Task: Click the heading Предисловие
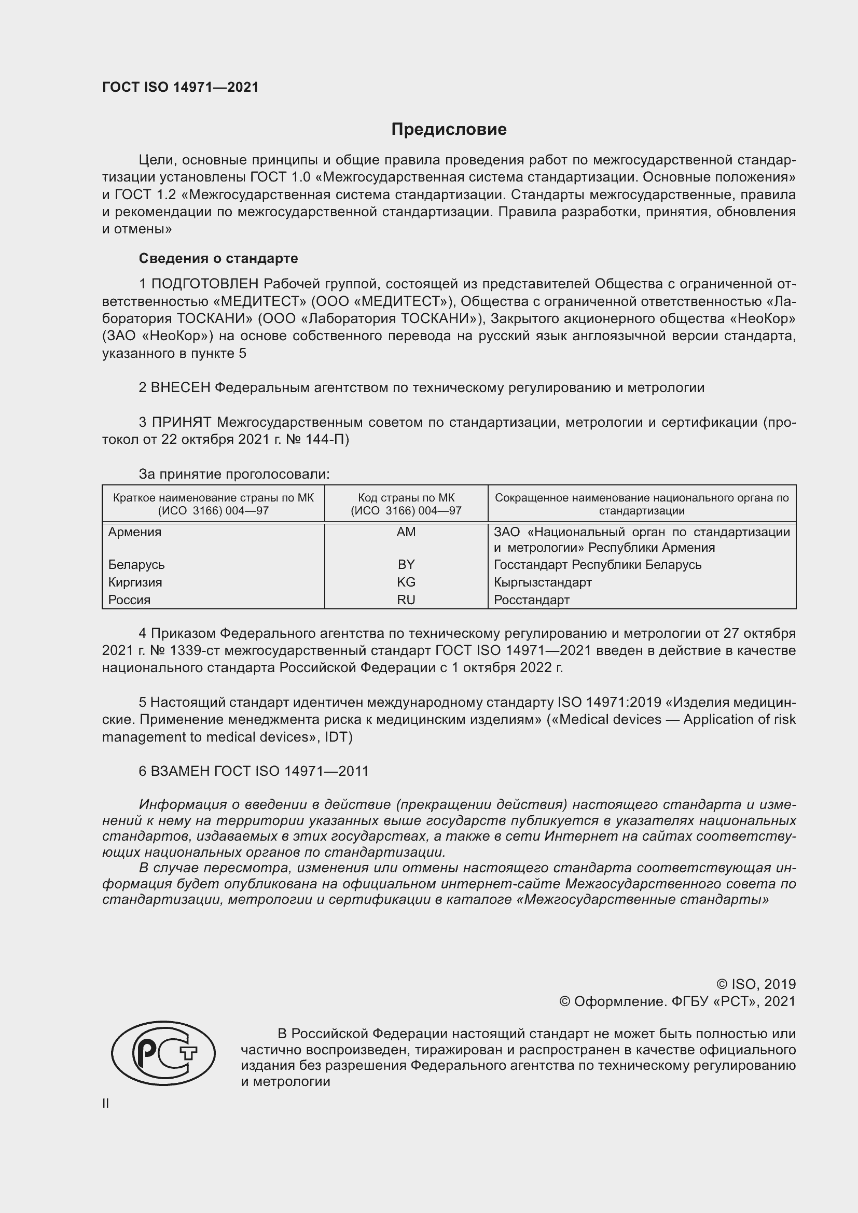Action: tap(449, 130)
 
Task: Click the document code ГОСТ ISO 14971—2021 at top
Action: tap(180, 87)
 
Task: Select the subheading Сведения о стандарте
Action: tap(218, 258)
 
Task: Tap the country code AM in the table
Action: tap(406, 532)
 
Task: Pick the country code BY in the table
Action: tap(406, 564)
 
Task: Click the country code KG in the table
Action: tap(406, 582)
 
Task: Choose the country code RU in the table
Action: tap(406, 599)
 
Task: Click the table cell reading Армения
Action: tap(135, 532)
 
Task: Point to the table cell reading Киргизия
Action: tap(135, 582)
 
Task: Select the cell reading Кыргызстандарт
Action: tap(543, 582)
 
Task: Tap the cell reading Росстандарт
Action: tap(532, 599)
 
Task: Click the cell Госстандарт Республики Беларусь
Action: tap(597, 564)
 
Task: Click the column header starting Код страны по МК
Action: tap(406, 504)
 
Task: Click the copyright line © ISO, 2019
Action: tap(755, 984)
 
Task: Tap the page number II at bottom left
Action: tap(106, 1103)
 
